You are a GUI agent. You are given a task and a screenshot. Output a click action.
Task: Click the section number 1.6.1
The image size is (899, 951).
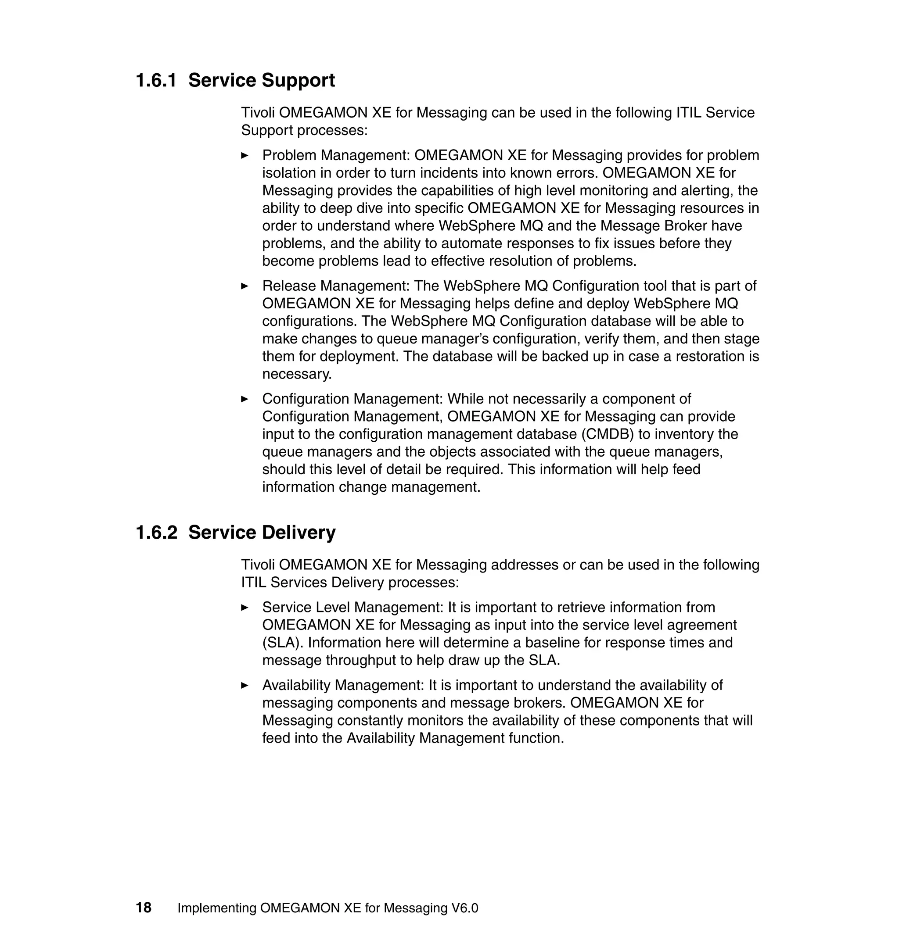[x=156, y=80]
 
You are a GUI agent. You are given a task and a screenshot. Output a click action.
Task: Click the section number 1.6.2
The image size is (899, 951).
[x=156, y=533]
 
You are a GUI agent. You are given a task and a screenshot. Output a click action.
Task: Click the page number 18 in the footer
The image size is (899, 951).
[x=143, y=908]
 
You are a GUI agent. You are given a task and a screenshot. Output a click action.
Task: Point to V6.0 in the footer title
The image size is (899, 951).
[x=464, y=908]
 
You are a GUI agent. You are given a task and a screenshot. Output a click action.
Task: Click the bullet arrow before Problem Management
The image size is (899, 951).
[x=245, y=155]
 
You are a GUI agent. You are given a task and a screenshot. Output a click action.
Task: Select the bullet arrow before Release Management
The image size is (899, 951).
[x=245, y=286]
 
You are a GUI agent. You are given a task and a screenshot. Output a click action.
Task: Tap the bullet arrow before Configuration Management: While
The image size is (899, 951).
[x=245, y=399]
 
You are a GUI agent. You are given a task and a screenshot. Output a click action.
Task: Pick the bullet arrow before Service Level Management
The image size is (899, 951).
[x=245, y=607]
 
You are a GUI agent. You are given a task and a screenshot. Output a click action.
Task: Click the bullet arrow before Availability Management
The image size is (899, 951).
[x=245, y=685]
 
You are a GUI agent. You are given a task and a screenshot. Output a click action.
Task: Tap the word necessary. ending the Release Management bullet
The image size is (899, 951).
[x=297, y=375]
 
